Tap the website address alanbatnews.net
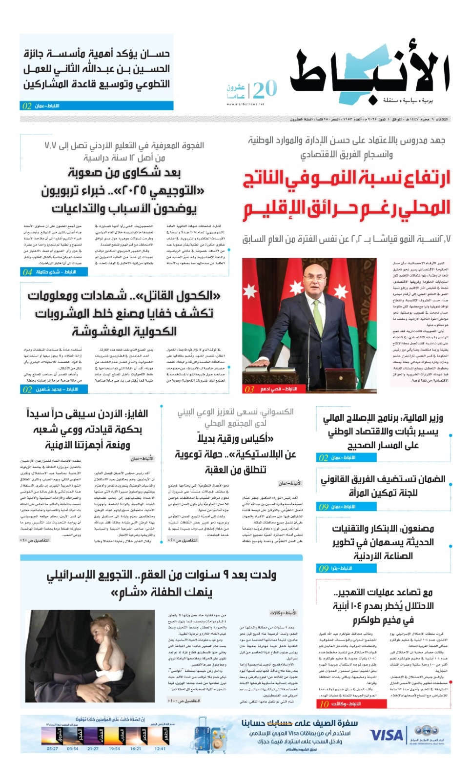pyautogui.click(x=245, y=104)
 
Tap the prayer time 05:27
pyautogui.click(x=52, y=748)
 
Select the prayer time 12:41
pyautogui.click(x=160, y=748)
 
